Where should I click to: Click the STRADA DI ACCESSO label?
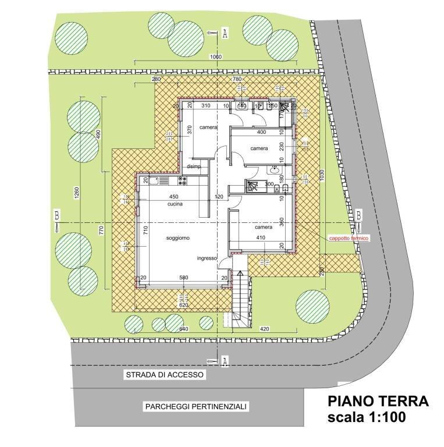165,375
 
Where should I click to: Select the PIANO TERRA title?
378,401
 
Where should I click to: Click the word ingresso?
207,258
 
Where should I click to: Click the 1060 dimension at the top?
215,56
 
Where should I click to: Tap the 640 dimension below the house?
184,329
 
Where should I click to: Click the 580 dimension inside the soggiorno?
183,278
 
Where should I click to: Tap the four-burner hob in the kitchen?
182,181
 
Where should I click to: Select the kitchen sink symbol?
154,181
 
